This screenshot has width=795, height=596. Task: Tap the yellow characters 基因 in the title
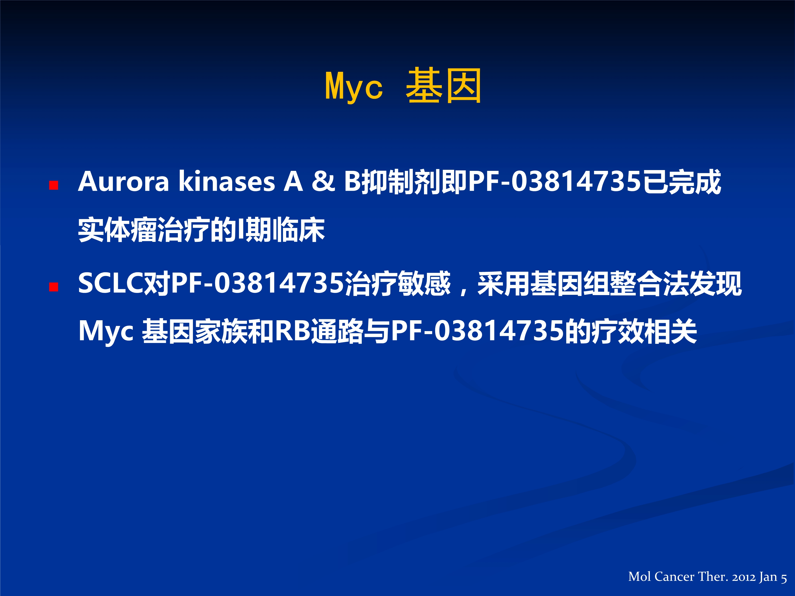[x=444, y=86]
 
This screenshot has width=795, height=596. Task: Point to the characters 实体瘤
[x=117, y=230]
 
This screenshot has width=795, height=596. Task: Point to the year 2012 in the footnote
[x=744, y=577]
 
